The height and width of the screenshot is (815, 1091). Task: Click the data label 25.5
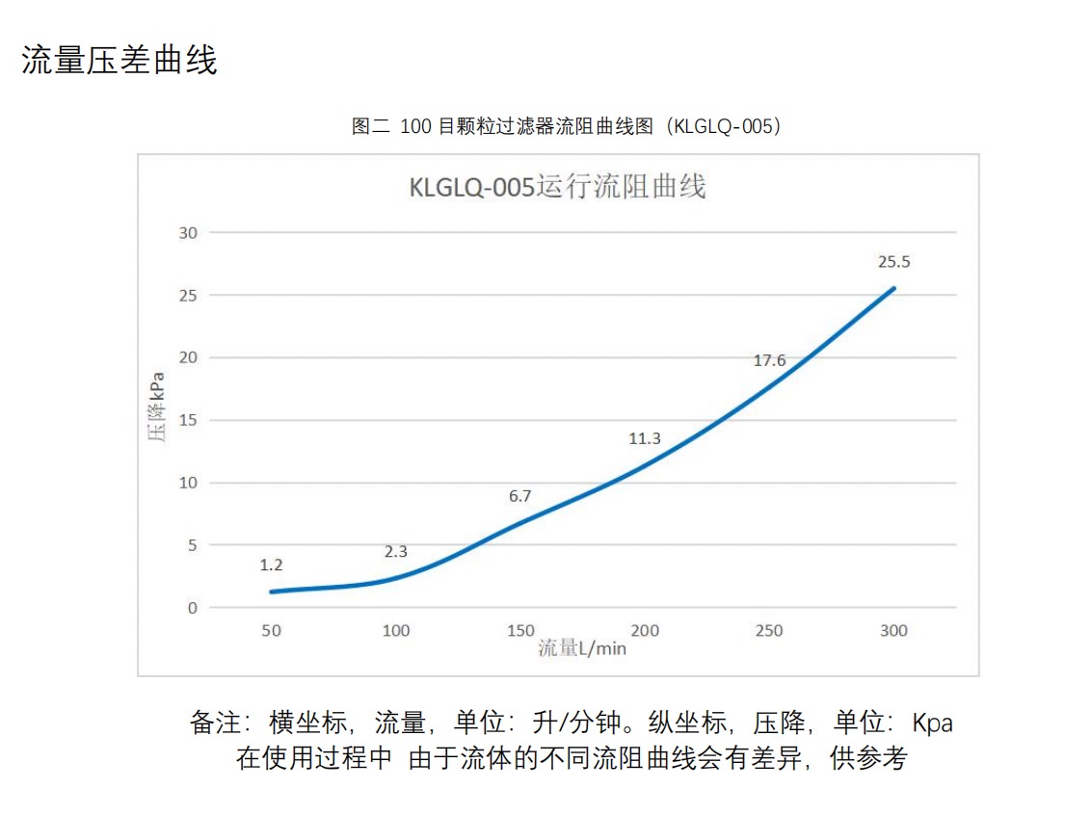tap(893, 261)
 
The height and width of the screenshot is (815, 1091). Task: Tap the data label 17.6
tap(769, 361)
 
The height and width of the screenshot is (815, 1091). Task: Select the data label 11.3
tap(645, 438)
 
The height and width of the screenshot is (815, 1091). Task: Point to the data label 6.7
tap(520, 497)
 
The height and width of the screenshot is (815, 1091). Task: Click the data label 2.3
tap(396, 552)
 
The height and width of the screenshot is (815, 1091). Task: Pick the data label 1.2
tap(272, 565)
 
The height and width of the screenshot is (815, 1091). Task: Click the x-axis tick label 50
tap(272, 631)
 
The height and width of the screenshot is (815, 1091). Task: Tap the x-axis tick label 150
tap(520, 631)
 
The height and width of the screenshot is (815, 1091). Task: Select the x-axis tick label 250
tap(769, 631)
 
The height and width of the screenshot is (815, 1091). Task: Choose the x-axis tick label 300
tap(893, 631)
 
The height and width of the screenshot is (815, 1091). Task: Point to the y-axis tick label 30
tap(187, 233)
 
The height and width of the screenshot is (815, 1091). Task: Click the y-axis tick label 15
tap(187, 420)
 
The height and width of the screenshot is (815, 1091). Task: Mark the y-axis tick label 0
tap(192, 608)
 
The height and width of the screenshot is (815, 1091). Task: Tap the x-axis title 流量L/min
tap(582, 648)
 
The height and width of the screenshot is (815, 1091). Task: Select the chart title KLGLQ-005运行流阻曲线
tap(557, 186)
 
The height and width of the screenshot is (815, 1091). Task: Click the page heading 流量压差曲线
tap(120, 60)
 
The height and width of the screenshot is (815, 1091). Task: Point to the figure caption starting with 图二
tap(566, 126)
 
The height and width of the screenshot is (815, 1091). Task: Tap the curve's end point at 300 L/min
tap(893, 288)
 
